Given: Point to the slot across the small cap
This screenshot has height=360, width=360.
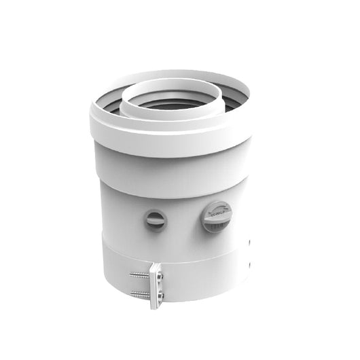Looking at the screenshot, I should [156, 219].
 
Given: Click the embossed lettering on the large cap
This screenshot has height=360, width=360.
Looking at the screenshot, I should [217, 212].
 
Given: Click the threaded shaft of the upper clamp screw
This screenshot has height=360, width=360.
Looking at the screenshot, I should [139, 274].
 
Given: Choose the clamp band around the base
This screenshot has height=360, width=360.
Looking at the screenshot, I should [204, 275].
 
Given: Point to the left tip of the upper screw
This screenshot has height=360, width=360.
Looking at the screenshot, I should [130, 274].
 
